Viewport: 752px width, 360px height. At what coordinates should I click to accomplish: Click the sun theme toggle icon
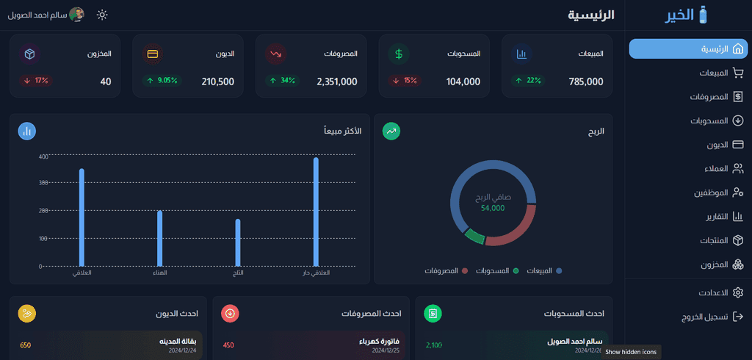coord(102,15)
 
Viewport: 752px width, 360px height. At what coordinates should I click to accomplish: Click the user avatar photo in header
coord(76,15)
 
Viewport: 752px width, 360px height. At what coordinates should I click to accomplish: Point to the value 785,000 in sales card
coord(585,82)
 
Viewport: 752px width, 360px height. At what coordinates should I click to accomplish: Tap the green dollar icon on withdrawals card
coord(399,54)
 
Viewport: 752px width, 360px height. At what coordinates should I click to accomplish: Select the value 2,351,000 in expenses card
coord(337,82)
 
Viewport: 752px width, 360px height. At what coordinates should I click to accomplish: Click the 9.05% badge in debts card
coord(162,80)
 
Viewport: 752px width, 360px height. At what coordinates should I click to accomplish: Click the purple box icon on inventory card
coord(29,54)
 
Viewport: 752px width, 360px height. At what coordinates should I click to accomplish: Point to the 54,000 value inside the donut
coord(493,208)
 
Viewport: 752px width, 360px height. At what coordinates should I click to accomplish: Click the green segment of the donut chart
coord(474,237)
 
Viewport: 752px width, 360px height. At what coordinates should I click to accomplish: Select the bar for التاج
coord(238,242)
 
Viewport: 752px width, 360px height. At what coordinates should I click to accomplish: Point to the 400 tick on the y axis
coord(43,156)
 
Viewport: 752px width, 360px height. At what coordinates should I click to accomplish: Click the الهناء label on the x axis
coord(160,273)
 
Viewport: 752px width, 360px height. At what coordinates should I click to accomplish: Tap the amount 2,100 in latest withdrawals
coord(434,345)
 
